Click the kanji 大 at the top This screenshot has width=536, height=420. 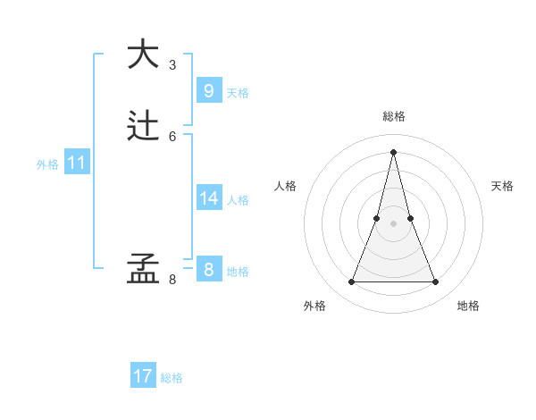click(x=141, y=54)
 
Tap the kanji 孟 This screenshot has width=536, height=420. click(x=141, y=269)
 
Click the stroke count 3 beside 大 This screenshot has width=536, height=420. click(x=172, y=65)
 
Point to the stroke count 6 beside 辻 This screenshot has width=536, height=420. click(x=172, y=137)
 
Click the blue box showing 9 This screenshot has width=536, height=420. click(x=209, y=90)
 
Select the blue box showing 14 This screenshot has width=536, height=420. click(x=209, y=197)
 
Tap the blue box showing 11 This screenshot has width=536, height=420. click(x=77, y=163)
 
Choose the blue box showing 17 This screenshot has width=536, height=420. click(x=143, y=376)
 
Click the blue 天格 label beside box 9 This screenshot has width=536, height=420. click(x=238, y=93)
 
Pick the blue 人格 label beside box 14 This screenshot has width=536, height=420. click(x=238, y=200)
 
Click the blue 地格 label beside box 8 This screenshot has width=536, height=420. click(x=238, y=272)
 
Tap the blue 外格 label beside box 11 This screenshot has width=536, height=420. click(x=47, y=164)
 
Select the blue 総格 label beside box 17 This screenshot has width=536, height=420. click(x=172, y=378)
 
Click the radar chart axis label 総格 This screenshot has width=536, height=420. click(x=393, y=116)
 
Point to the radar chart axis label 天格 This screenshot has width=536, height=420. click(x=502, y=186)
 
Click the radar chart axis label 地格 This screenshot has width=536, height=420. click(x=468, y=307)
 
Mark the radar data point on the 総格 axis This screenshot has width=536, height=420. click(x=393, y=151)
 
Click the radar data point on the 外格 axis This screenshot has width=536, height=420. click(x=351, y=282)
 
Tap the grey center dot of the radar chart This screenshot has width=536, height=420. click(x=393, y=223)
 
